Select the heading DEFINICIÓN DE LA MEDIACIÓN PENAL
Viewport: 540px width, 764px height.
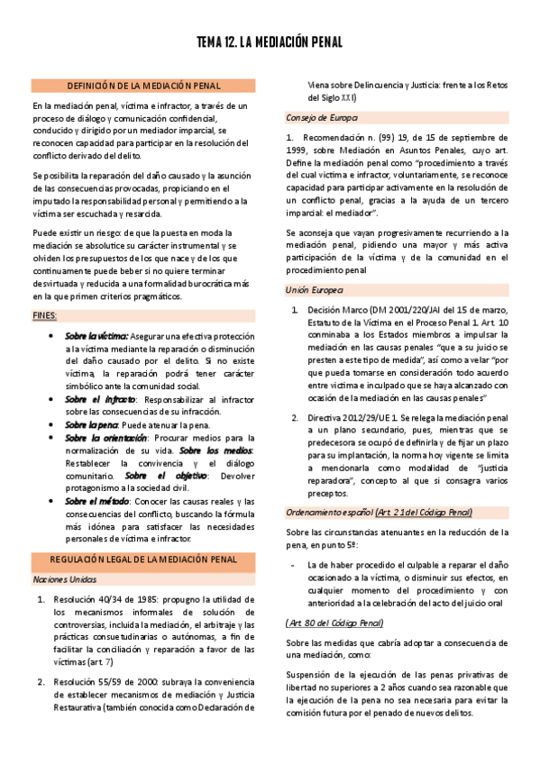[x=144, y=86]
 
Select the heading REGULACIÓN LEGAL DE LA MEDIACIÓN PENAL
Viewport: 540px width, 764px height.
[x=144, y=559]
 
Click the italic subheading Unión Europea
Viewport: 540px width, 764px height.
[x=315, y=290]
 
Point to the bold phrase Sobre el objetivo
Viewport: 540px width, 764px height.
[x=158, y=476]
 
